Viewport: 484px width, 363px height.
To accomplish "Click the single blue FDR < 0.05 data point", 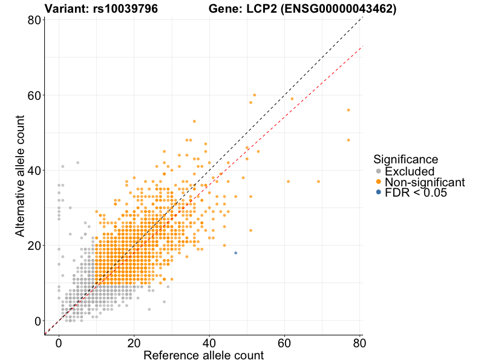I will coord(235,253).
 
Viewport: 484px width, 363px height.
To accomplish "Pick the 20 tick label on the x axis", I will coord(134,342).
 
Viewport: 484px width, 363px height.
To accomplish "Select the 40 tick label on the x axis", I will coord(209,342).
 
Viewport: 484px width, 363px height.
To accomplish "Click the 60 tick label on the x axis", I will coord(284,342).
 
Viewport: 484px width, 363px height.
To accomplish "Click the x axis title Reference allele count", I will coord(203,356).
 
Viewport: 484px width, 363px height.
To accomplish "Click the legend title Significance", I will coord(405,159).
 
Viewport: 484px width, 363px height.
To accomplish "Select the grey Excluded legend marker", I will coord(379,171).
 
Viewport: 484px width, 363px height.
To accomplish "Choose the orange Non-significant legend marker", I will coord(379,182).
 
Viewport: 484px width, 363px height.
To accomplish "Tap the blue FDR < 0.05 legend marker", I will coord(379,192).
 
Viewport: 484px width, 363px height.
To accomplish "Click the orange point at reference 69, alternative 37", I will coord(318,181).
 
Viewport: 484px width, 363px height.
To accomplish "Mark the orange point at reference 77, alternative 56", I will coord(348,110).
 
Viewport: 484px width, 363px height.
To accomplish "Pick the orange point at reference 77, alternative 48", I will coord(348,140).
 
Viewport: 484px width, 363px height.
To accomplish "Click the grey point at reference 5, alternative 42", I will coord(77,163).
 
